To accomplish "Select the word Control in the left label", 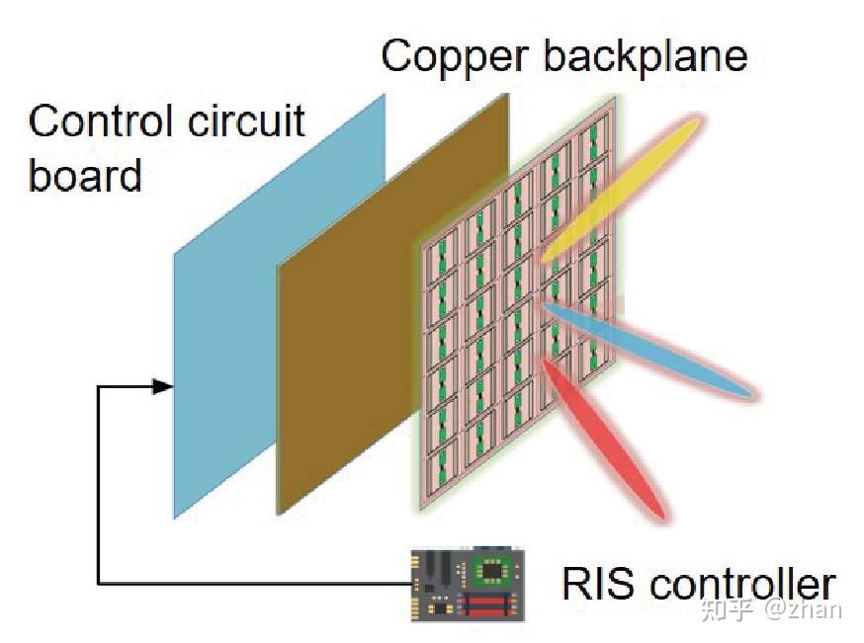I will coord(97,121).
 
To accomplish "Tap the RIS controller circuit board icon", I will coord(466,583).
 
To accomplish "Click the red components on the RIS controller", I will coord(490,603).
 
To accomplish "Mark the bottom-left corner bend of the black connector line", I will coord(99,583).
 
